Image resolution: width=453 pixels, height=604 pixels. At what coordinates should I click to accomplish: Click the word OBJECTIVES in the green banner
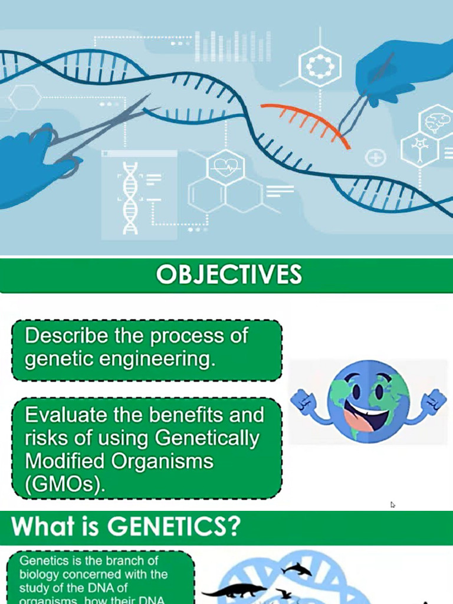click(229, 275)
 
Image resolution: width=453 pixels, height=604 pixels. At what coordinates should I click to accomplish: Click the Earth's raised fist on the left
click(304, 401)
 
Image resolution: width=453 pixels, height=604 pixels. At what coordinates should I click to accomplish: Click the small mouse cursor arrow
click(392, 505)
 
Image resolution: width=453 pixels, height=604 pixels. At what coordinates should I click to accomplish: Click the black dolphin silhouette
click(296, 569)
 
